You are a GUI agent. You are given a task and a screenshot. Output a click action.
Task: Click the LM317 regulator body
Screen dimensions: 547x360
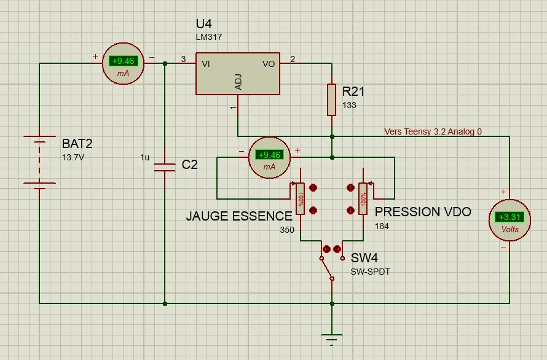(238, 74)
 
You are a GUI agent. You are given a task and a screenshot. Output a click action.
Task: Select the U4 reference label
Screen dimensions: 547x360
(203, 24)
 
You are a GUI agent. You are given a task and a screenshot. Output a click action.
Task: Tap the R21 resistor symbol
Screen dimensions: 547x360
(332, 100)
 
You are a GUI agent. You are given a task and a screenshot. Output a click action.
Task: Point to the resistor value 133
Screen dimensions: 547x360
(349, 105)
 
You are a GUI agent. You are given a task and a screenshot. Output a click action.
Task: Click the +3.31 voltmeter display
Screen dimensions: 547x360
(510, 217)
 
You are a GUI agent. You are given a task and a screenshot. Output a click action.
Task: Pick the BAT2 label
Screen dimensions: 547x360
(77, 143)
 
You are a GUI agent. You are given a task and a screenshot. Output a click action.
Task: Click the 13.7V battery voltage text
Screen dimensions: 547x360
(73, 157)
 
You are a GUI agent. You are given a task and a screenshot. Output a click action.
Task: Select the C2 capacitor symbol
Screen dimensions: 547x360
(165, 168)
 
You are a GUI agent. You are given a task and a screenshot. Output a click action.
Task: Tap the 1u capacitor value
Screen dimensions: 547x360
(145, 157)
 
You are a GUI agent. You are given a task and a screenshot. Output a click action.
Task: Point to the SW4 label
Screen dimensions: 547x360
(364, 258)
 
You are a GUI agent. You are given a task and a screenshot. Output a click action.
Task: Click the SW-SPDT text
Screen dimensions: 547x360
(370, 272)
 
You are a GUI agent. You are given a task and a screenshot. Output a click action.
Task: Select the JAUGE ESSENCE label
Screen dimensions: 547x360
(239, 216)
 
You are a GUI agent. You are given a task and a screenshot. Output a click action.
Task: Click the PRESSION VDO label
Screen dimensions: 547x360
(423, 212)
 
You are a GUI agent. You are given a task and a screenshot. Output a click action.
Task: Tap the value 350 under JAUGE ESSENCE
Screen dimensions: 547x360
(287, 230)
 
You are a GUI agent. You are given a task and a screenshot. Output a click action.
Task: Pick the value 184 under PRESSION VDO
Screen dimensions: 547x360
(382, 226)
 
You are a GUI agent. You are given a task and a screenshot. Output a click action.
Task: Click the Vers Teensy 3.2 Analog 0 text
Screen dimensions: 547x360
(433, 131)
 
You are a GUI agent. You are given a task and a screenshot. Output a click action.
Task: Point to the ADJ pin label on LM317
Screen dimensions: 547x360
(238, 82)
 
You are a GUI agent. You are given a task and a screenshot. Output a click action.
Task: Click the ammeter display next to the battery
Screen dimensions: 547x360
(123, 61)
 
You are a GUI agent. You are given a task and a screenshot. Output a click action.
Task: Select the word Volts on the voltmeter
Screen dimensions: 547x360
(510, 229)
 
